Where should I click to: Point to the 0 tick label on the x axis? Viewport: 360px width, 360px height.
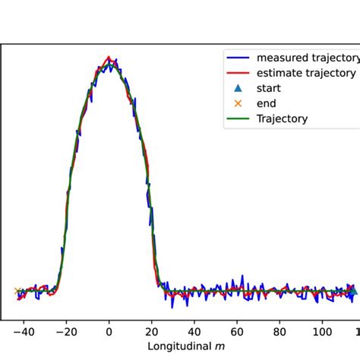(109, 331)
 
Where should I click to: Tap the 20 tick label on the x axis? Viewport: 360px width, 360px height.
(152, 331)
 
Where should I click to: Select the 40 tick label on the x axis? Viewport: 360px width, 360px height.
(195, 331)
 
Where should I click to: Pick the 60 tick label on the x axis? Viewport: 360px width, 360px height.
(238, 331)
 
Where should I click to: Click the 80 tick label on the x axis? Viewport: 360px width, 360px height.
(282, 331)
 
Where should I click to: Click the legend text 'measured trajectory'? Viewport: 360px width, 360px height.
(307, 58)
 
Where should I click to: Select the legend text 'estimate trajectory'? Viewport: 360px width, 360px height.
(306, 73)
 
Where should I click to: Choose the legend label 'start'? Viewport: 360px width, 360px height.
(269, 88)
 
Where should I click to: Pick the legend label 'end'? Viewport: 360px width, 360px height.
(267, 103)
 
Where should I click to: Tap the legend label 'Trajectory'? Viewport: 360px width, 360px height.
(282, 118)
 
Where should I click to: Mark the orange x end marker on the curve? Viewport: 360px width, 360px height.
(17, 291)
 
